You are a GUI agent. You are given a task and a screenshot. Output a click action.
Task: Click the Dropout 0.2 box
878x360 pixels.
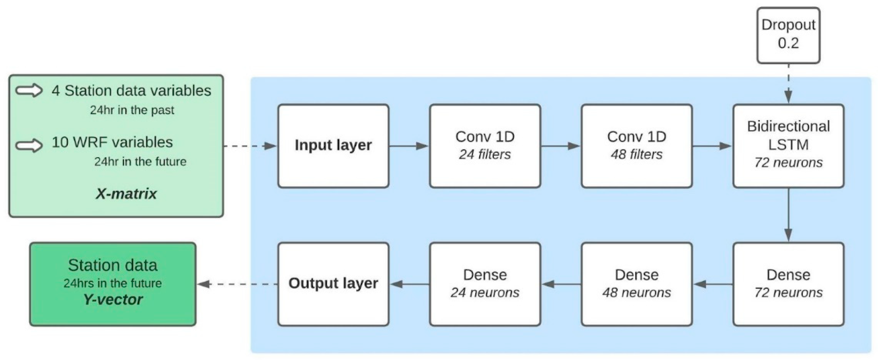click(788, 35)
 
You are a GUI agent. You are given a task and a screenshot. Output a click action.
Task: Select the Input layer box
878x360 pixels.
click(333, 146)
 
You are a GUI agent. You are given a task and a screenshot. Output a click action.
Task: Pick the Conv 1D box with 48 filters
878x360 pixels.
click(636, 146)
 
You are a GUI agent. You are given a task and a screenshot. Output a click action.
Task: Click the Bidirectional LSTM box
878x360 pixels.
click(788, 146)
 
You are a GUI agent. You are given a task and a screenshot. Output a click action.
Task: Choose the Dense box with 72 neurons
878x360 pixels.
click(788, 284)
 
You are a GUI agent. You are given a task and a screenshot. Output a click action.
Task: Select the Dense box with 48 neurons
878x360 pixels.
click(636, 284)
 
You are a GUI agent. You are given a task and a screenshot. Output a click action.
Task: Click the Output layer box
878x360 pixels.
click(333, 284)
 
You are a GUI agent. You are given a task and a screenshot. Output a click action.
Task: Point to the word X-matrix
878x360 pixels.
click(126, 194)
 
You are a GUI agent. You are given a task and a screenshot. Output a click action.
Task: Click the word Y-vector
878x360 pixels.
click(113, 300)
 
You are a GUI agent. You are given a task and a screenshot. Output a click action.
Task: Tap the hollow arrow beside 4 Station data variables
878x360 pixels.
click(29, 91)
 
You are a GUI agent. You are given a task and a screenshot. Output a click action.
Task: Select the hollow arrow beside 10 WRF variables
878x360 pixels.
click(29, 145)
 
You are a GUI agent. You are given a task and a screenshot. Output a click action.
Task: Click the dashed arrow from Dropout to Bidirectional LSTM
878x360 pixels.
click(788, 83)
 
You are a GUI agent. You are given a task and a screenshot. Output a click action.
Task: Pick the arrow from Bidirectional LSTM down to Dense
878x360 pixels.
click(788, 215)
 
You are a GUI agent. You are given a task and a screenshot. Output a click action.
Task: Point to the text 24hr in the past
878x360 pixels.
click(132, 110)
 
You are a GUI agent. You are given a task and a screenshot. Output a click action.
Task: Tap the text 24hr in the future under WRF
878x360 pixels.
click(140, 162)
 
